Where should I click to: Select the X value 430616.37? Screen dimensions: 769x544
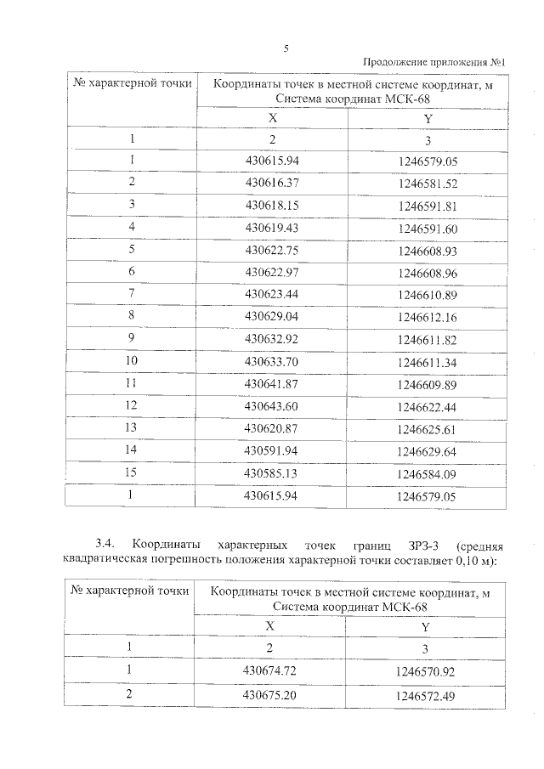[x=272, y=183]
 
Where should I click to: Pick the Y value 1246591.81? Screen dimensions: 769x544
[x=427, y=206]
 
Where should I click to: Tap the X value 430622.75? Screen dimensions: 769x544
[x=272, y=250]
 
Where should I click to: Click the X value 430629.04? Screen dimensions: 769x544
[x=272, y=316]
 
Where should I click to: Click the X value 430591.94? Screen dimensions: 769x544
[x=272, y=450]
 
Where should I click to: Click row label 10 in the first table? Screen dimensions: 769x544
[x=132, y=360]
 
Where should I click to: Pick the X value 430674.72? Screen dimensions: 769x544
[x=270, y=670]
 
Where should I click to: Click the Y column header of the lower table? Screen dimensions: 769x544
[x=425, y=627]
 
